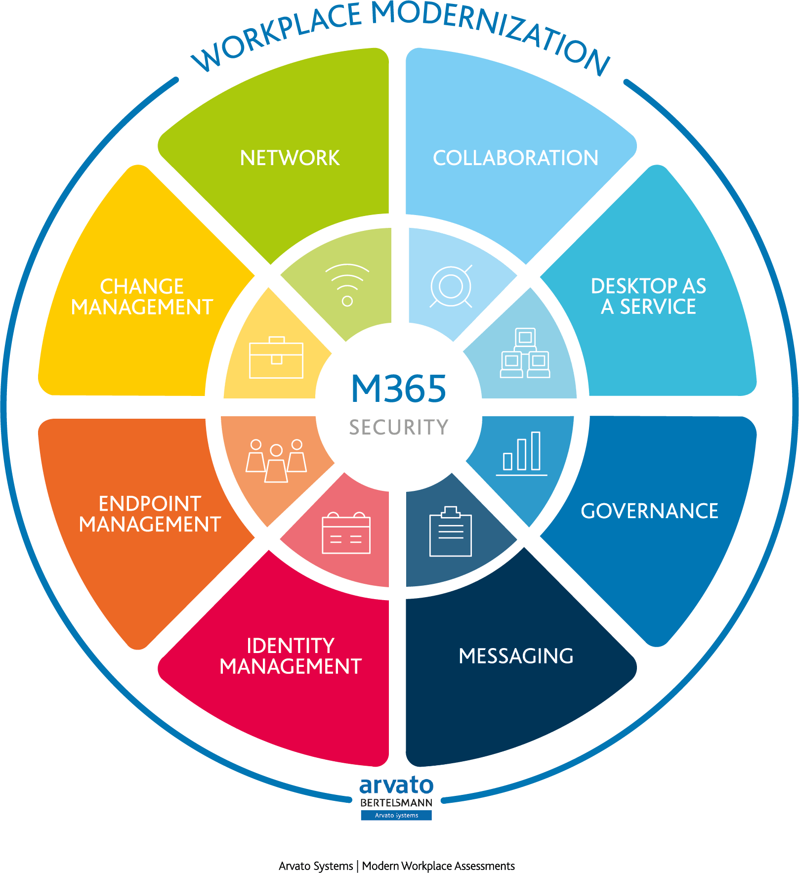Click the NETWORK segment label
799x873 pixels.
pyautogui.click(x=290, y=158)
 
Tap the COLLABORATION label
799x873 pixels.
pyautogui.click(x=515, y=158)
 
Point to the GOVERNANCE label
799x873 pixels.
pyautogui.click(x=649, y=511)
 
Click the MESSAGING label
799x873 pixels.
pyautogui.click(x=516, y=656)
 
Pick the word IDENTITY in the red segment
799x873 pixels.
pyautogui.click(x=291, y=646)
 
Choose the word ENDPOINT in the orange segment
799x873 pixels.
pyautogui.click(x=150, y=504)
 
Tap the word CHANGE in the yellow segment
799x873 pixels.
pyautogui.click(x=142, y=287)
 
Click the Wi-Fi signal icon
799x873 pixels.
pyautogui.click(x=347, y=284)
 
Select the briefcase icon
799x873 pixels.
pyautogui.click(x=276, y=358)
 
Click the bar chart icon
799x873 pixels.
pyautogui.click(x=522, y=453)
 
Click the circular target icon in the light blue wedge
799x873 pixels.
pyautogui.click(x=451, y=286)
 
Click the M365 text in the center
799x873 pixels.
pyautogui.click(x=398, y=389)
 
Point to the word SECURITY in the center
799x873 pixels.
pyautogui.click(x=399, y=427)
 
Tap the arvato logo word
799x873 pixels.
pyautogui.click(x=396, y=785)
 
